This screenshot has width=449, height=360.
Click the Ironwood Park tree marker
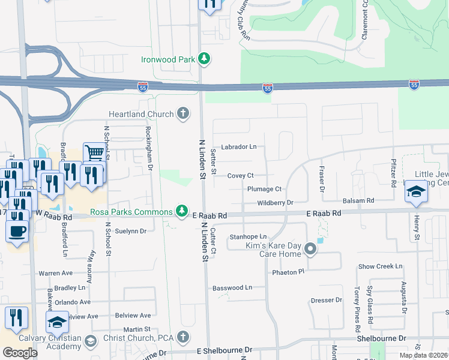[205, 59]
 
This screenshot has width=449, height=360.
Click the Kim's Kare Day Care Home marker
[310, 248]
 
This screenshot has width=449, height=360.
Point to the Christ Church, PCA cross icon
[184, 337]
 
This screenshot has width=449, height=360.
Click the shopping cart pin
[94, 154]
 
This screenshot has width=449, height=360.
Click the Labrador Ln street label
[238, 146]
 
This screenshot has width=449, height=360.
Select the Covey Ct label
[241, 175]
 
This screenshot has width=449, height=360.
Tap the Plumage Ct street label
[264, 189]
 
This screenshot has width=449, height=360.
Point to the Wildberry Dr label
[275, 203]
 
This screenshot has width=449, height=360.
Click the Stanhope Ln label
[248, 237]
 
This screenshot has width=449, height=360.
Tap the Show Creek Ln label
[380, 266]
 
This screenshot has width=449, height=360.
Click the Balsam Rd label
[358, 200]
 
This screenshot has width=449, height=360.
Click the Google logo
[20, 353]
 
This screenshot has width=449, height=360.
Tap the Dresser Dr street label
[326, 301]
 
